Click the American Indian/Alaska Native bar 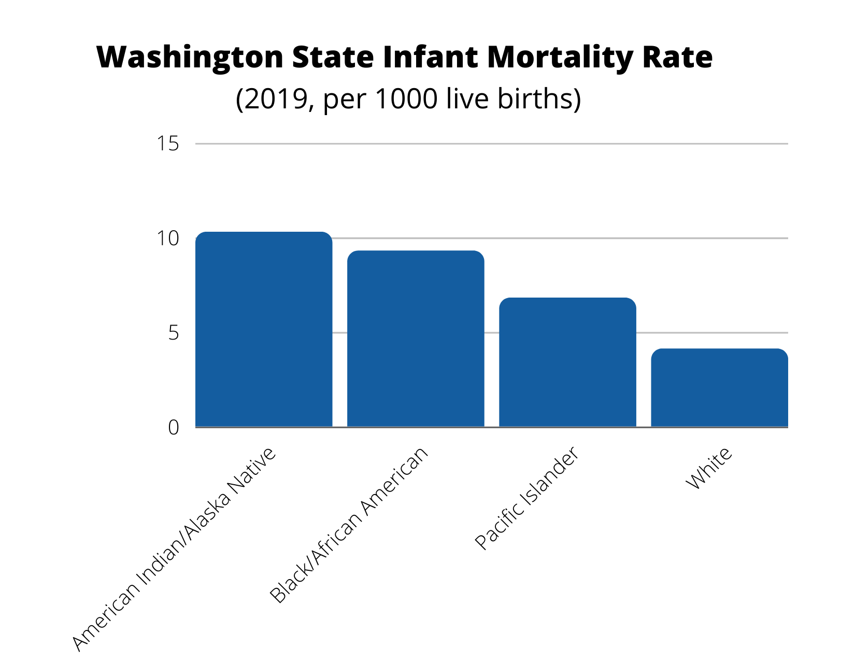point(264,330)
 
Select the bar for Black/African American point(416,339)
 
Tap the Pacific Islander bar point(567,362)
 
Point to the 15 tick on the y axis point(168,144)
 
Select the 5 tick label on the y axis point(173,333)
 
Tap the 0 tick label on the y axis point(173,428)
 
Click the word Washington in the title point(190,57)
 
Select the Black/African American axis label point(349,525)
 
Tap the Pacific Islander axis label point(526,498)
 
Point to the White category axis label point(709,468)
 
